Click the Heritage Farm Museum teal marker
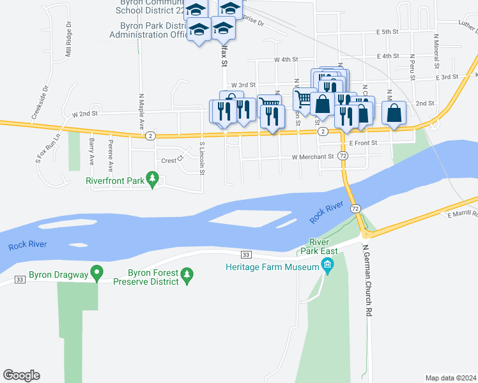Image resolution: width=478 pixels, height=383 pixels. [x=328, y=265]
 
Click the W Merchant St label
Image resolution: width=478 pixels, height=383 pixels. [x=312, y=156]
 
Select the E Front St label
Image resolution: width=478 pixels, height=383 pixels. [x=363, y=143]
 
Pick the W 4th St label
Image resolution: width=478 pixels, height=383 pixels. [x=286, y=59]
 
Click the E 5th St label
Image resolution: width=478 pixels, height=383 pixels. [x=387, y=31]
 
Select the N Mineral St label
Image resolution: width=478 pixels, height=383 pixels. [x=436, y=51]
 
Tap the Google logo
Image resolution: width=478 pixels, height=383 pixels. [x=21, y=375]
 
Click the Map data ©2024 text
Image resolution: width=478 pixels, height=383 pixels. [x=451, y=378]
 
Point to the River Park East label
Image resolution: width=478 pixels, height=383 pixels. [x=318, y=246]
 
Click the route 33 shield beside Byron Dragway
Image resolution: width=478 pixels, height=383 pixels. [x=20, y=280]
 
